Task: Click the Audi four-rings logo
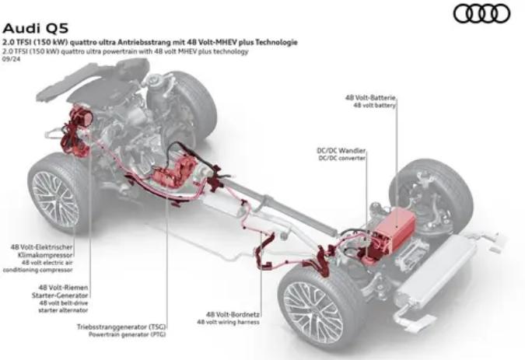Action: tap(481, 13)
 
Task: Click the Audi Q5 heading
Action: tap(36, 29)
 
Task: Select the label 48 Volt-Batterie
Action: tap(371, 98)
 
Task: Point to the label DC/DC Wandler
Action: tap(341, 151)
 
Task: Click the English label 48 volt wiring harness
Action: tap(228, 322)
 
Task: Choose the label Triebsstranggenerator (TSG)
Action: tap(121, 327)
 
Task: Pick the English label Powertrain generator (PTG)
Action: tap(127, 334)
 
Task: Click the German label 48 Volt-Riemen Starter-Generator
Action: tap(60, 292)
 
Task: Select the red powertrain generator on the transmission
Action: tap(174, 173)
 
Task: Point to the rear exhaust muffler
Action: tap(436, 271)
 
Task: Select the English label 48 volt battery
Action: tap(375, 106)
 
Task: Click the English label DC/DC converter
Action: tap(342, 159)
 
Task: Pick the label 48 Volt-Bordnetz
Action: tap(233, 314)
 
